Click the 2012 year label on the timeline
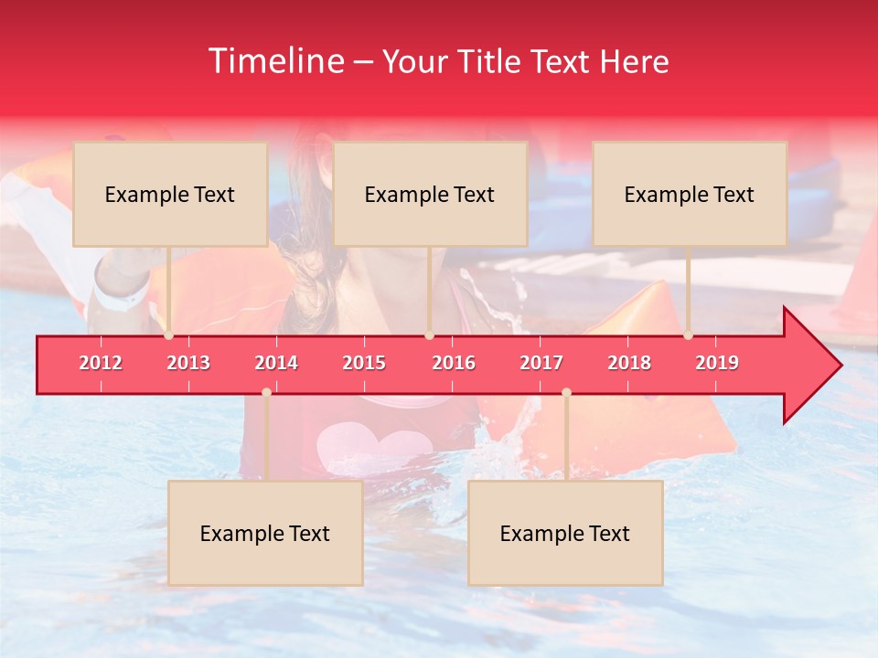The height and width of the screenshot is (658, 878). tap(101, 363)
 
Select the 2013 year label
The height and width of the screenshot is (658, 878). tap(188, 363)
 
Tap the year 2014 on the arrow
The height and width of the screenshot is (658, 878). tap(276, 363)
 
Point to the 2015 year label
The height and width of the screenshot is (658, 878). tap(364, 363)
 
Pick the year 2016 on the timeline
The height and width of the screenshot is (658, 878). tap(454, 363)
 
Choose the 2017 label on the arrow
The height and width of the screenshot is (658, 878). tap(541, 363)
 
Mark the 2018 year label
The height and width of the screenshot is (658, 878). tap(629, 363)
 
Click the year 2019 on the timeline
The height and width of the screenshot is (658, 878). tap(717, 363)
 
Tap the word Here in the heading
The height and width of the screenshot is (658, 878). tap(634, 61)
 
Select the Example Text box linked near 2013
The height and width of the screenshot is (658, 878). tap(170, 194)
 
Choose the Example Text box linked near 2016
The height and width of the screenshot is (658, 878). tap(430, 194)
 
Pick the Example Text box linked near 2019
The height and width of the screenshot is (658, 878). tap(690, 194)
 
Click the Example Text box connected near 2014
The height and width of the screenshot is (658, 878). tap(265, 534)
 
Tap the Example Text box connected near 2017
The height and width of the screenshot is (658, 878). tap(565, 534)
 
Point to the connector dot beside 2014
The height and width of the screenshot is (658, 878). tap(266, 393)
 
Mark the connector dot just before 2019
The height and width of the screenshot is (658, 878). tap(689, 335)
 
